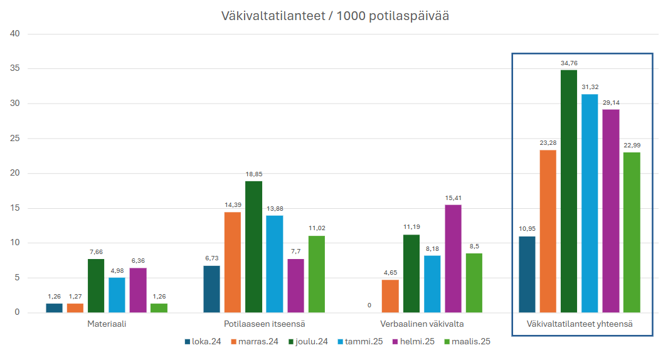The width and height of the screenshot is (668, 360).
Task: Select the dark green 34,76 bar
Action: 569,191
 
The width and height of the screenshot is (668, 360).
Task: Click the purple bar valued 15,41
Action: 453,258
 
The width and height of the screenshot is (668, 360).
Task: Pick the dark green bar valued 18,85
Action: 253,246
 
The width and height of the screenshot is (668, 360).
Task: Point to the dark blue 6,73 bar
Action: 212,289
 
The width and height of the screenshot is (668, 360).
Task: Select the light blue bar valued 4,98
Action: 117,295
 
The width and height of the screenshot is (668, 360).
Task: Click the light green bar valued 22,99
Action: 632,232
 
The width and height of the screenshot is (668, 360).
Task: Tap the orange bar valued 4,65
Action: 390,296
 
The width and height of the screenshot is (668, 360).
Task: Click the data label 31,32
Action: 590,86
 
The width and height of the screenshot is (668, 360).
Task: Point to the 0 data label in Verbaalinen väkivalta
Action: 369,305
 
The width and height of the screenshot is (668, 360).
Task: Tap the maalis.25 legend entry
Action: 467,342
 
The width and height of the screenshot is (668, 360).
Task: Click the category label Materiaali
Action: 107,325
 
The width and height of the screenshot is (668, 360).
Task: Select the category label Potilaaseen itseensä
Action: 264,325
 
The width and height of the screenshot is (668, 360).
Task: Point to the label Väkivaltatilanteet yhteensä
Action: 580,325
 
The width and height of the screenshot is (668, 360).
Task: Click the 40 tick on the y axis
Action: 16,34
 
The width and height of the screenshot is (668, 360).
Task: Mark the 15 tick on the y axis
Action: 16,208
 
